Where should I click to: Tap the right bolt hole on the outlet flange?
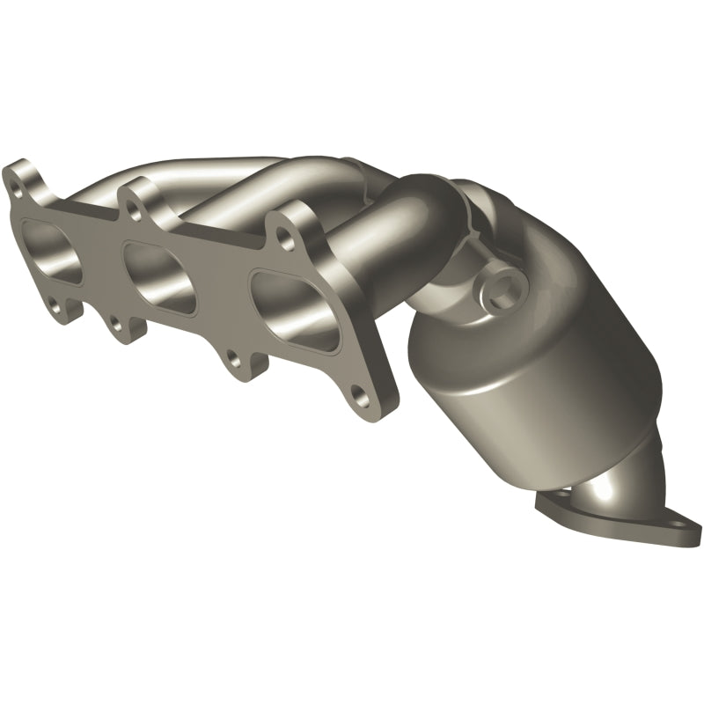pyautogui.click(x=682, y=531)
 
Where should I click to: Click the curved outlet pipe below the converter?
pyautogui.click(x=616, y=488)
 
